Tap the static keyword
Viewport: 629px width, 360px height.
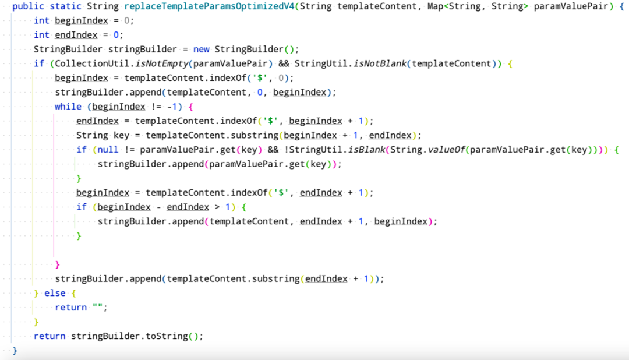[x=65, y=6]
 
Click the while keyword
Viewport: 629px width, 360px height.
[x=68, y=107]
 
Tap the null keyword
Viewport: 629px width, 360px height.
[x=103, y=150]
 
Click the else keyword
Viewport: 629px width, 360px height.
[x=55, y=293]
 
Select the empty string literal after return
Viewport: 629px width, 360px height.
[x=98, y=308]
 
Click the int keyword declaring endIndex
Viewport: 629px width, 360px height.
[x=41, y=35]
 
